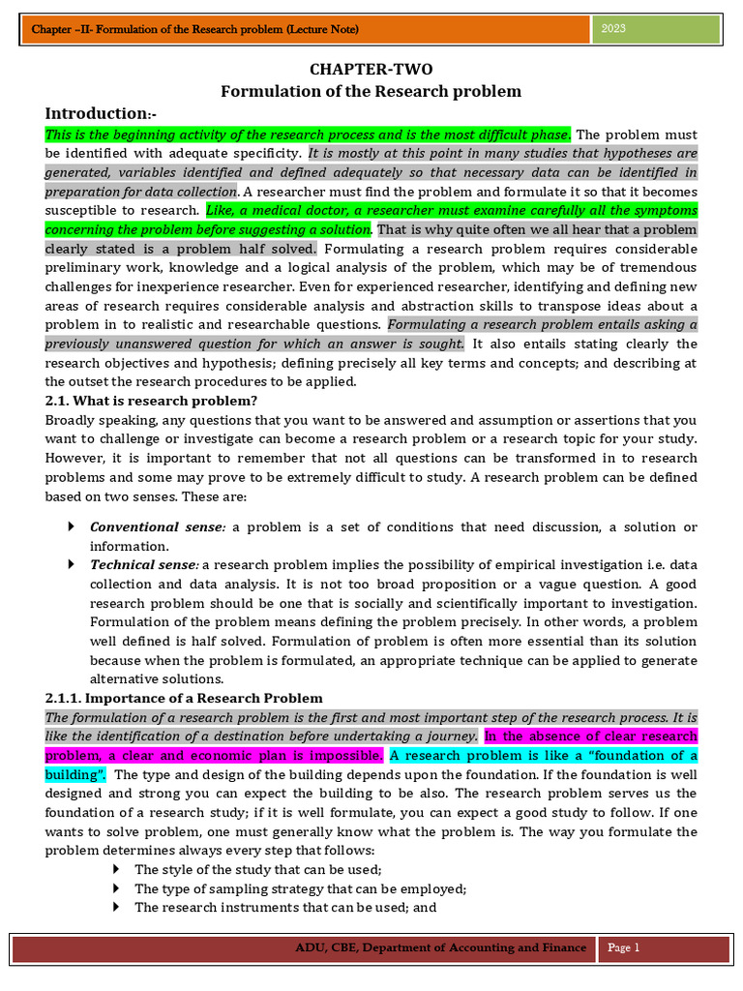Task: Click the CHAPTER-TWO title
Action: pos(371,70)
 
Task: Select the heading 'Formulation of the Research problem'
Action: pos(371,92)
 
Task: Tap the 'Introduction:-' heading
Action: pos(101,114)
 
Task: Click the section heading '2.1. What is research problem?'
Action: pos(151,401)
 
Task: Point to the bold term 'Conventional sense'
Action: pos(156,527)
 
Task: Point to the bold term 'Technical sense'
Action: pos(143,564)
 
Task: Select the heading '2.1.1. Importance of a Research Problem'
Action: pos(184,698)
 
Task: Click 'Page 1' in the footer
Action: pos(624,948)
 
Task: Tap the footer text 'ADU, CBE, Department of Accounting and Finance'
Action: pos(440,948)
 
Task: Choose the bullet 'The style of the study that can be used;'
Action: pos(258,870)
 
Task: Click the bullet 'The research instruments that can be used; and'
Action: pos(285,908)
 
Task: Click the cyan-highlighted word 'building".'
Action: pos(75,775)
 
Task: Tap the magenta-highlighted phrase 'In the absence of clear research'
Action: pos(590,736)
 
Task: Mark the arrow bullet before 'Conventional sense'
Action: pos(73,527)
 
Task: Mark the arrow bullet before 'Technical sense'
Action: pos(73,564)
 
